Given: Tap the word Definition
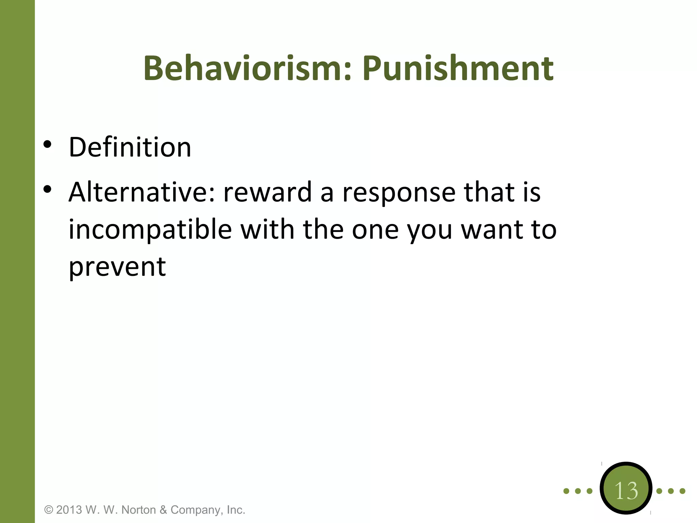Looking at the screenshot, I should click(x=130, y=147).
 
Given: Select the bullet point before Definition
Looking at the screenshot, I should click(x=47, y=144).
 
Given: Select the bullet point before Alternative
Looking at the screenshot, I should click(x=47, y=189).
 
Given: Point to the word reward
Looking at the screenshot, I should click(x=268, y=192).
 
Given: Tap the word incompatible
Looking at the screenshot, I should click(x=150, y=230).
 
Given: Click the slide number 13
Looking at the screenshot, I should click(x=626, y=491).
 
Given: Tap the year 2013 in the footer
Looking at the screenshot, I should click(x=69, y=510).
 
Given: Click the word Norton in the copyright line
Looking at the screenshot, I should click(x=137, y=510).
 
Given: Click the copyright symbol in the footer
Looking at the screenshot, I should click(x=49, y=510).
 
